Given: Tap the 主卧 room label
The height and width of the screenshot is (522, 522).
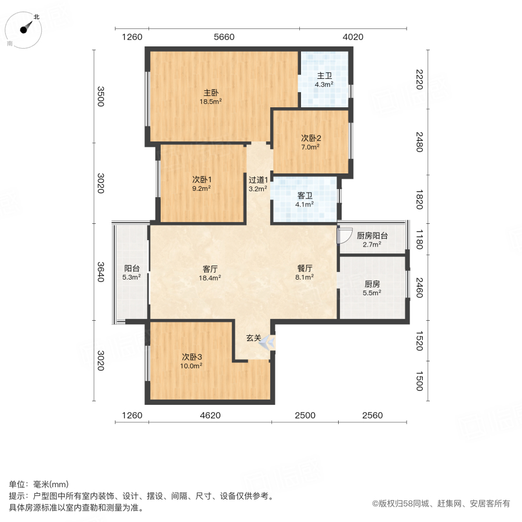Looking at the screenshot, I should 211,96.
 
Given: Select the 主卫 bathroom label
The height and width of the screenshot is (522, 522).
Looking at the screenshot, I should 324,79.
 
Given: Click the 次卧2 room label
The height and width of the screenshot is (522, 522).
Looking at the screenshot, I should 311,142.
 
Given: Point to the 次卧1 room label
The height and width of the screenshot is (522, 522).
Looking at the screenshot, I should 201,183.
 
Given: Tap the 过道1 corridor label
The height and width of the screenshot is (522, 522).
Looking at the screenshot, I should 258,183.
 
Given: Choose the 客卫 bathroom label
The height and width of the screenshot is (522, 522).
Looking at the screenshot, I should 304,200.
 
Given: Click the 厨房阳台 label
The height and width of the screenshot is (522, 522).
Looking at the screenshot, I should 372,240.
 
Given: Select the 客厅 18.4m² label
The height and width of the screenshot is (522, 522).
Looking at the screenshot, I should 209,273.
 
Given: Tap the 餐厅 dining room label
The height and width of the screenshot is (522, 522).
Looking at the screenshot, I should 305,273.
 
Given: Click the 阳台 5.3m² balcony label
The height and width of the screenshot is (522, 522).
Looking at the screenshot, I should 132,273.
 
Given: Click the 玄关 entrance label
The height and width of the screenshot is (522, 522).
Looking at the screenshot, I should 253,338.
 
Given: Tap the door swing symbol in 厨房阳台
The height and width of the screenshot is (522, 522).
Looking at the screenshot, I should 345,235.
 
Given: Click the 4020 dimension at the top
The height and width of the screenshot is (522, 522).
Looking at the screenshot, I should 353,37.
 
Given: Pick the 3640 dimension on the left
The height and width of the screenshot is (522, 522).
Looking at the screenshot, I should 100,271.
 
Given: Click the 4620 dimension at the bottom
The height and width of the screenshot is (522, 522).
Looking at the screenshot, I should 210,415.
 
